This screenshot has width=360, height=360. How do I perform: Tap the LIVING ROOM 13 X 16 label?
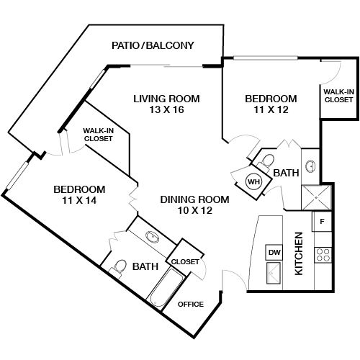(166, 105)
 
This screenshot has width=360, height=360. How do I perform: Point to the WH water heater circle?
(253, 181)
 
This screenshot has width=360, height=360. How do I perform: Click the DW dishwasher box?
(274, 252)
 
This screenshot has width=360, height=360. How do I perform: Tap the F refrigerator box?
(322, 222)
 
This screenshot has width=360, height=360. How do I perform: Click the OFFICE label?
(191, 304)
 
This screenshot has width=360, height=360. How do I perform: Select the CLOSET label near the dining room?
(185, 262)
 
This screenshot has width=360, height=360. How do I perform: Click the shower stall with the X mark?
(314, 196)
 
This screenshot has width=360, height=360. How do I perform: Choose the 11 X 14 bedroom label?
(79, 195)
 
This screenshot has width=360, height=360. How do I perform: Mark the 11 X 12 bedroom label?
(270, 104)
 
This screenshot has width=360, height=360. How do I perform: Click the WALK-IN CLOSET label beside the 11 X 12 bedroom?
(338, 95)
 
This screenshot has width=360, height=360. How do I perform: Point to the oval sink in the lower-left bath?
(152, 237)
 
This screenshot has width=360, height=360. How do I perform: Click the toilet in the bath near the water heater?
(266, 160)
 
